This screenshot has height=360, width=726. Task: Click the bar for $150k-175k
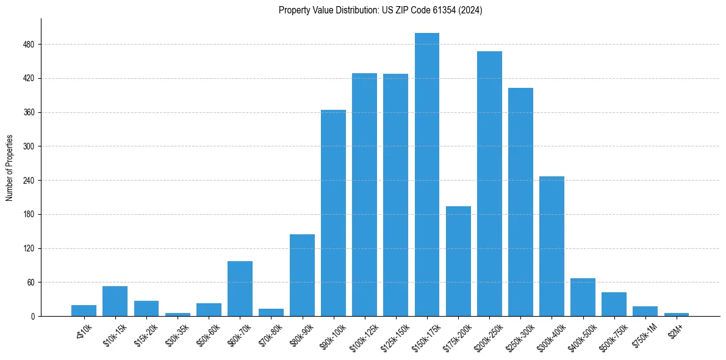pos(427,175)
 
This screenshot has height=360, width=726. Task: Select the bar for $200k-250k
pos(489,184)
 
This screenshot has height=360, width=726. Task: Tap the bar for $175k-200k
pos(458,261)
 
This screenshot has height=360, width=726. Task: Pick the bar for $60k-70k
pos(240,289)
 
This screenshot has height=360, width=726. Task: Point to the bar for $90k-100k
pos(333,213)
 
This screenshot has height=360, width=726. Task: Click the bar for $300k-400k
pos(552,246)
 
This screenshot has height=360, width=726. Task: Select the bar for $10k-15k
pos(115,301)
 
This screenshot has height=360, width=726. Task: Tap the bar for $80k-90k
pos(302,275)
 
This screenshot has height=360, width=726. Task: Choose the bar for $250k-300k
pos(520,202)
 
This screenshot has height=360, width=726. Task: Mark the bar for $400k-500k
pos(583,297)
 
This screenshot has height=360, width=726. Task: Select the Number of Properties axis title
pos(9,168)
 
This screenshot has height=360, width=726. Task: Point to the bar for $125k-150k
pos(395,195)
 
